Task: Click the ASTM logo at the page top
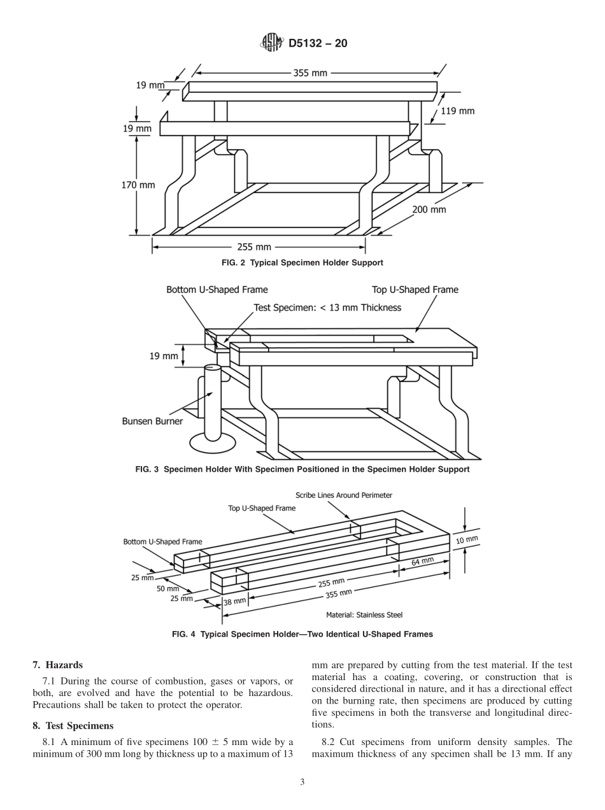point(272,43)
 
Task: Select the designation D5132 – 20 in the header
point(318,44)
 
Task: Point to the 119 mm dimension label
point(457,111)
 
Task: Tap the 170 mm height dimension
point(138,185)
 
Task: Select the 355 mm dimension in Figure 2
point(310,73)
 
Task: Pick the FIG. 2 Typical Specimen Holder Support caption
point(302,262)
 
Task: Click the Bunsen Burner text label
point(152,421)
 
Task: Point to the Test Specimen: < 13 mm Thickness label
point(327,308)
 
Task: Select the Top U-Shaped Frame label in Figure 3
point(415,290)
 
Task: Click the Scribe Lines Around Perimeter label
point(344,495)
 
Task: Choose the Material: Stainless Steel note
point(364,615)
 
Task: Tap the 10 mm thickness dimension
point(467,539)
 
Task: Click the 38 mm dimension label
point(234,601)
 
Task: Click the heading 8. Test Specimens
point(73,725)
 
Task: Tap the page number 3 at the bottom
point(302,783)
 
